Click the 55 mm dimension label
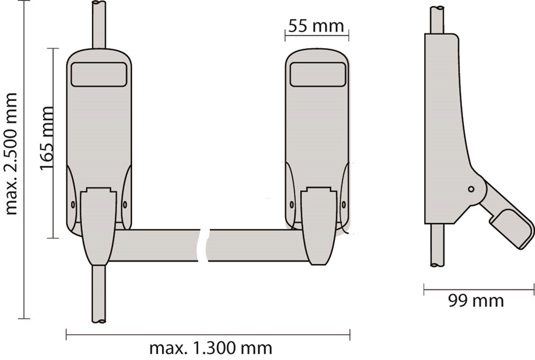pyautogui.click(x=316, y=26)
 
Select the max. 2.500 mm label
pyautogui.click(x=11, y=154)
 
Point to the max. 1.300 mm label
pyautogui.click(x=210, y=348)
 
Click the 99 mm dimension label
pyautogui.click(x=476, y=301)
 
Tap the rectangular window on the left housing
pyautogui.click(x=98, y=74)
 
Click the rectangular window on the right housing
pyautogui.click(x=318, y=74)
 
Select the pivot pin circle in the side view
pyautogui.click(x=471, y=189)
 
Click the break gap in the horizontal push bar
pyautogui.click(x=204, y=246)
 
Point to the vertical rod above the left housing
pyautogui.click(x=98, y=25)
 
